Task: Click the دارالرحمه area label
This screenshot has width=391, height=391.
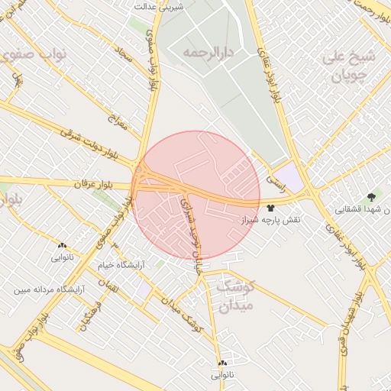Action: click(x=207, y=53)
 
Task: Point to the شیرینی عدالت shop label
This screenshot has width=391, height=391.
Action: click(x=161, y=6)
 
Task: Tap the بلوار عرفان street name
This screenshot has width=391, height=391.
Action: click(x=93, y=185)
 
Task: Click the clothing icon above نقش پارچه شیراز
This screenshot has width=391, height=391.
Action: click(x=271, y=206)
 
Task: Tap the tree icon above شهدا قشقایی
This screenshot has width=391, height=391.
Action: click(x=372, y=196)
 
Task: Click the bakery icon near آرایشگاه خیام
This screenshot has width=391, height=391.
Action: click(x=62, y=246)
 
